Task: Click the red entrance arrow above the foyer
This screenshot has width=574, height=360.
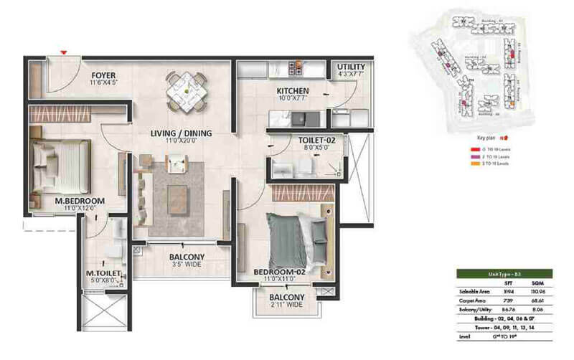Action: [65, 52]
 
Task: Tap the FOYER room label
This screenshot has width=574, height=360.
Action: [103, 75]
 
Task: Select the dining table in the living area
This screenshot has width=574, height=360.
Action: [186, 90]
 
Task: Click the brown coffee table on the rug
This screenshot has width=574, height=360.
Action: [177, 196]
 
